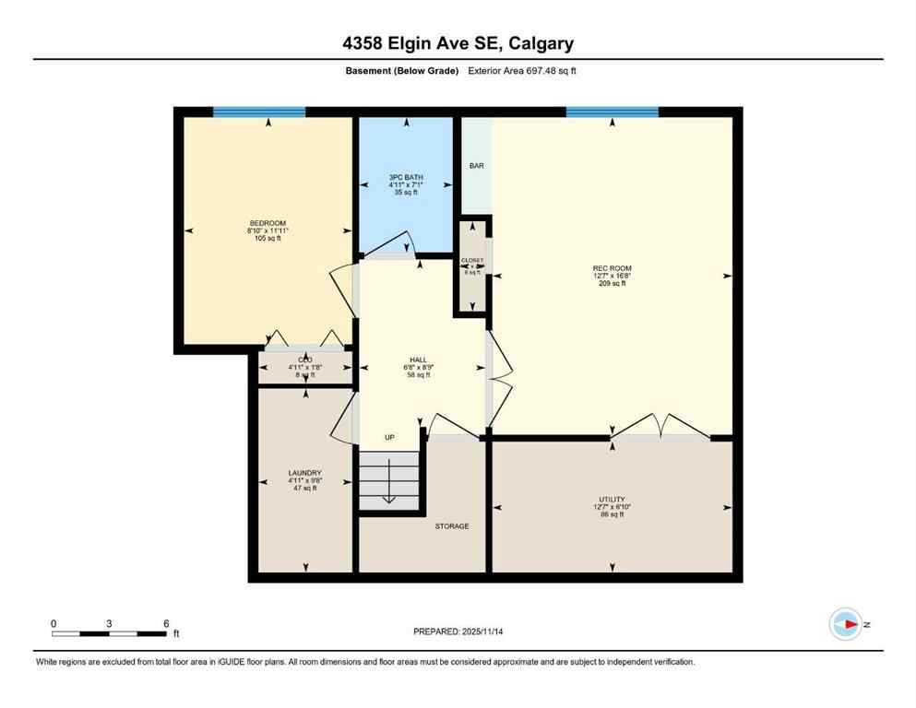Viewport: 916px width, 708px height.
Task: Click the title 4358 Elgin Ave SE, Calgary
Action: (x=458, y=43)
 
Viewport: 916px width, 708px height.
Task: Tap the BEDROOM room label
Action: (x=268, y=223)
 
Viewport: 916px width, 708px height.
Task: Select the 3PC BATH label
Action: (x=406, y=176)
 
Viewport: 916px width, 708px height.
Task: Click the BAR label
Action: (x=476, y=166)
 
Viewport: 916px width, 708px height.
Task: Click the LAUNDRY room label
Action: (x=304, y=473)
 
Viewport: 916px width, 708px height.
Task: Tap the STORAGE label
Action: (x=452, y=526)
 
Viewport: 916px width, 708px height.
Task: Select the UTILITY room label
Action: (x=612, y=499)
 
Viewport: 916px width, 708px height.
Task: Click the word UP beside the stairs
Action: (x=390, y=437)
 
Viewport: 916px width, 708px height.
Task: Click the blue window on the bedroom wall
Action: (x=259, y=112)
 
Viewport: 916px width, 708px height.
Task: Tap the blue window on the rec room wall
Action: (x=612, y=112)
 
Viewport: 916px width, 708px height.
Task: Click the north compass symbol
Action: (x=846, y=624)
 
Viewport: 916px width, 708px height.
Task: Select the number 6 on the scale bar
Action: (x=166, y=623)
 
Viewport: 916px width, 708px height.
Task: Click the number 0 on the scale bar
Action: (x=54, y=623)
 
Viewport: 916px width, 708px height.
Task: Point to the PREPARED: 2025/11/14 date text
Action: (x=458, y=631)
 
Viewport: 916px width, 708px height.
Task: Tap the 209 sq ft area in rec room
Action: (x=612, y=284)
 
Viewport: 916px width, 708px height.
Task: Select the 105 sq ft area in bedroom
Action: (x=268, y=239)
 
